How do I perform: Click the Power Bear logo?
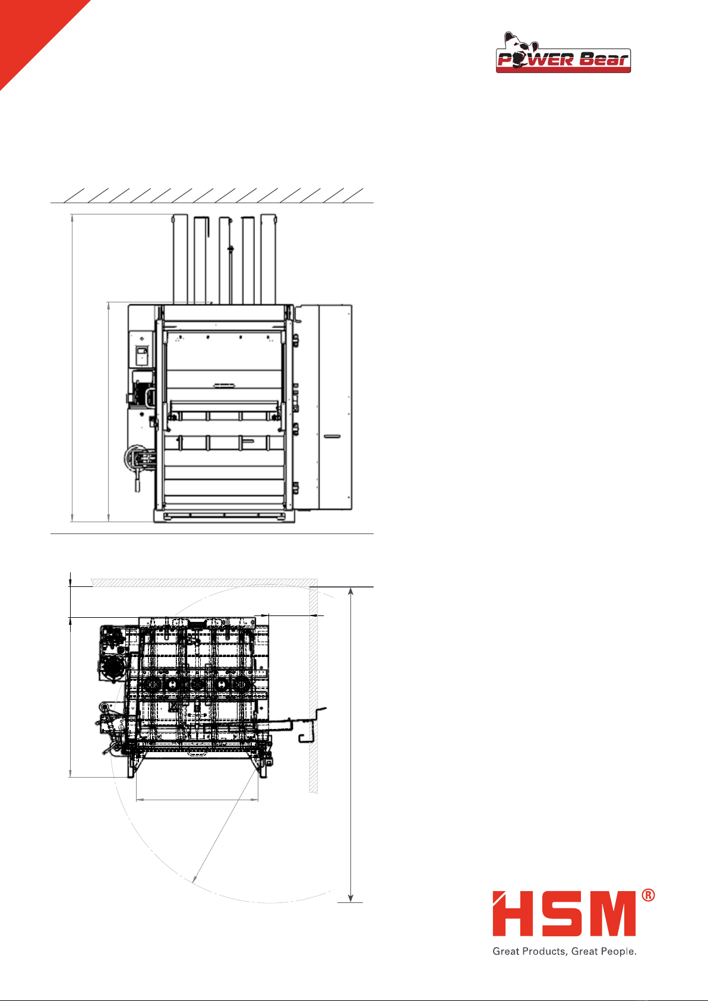pyautogui.click(x=563, y=53)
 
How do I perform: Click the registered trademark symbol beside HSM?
pyautogui.click(x=648, y=895)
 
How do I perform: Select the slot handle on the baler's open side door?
pyautogui.click(x=332, y=436)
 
